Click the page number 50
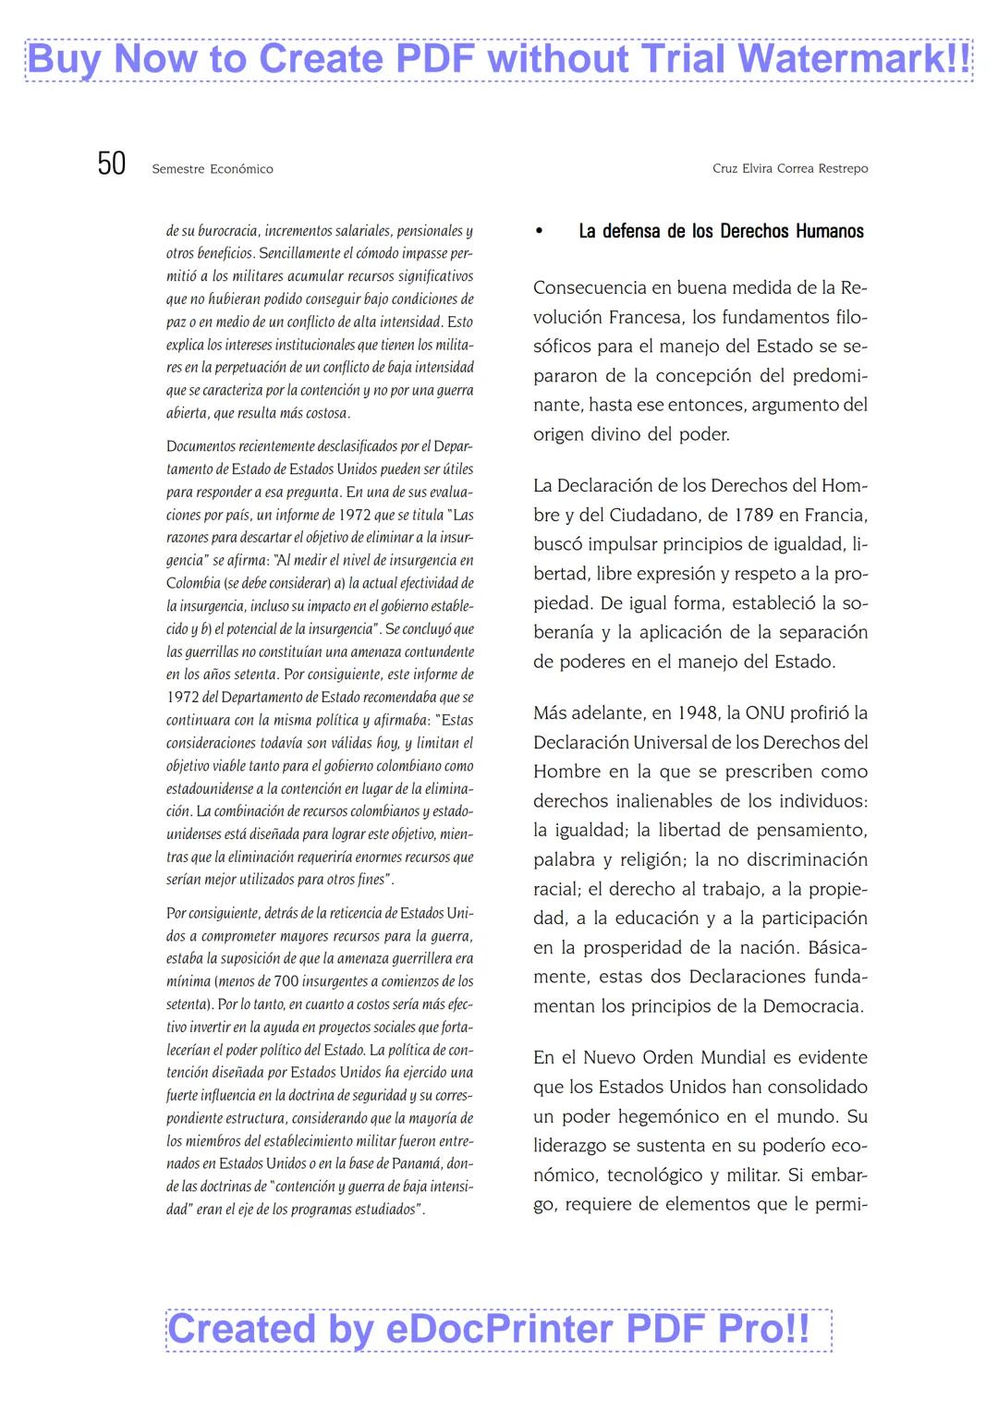click(x=112, y=164)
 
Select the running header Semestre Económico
click(x=213, y=169)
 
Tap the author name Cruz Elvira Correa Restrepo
click(x=790, y=168)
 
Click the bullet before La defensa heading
click(x=540, y=232)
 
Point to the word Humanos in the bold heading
click(x=829, y=231)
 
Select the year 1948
click(x=697, y=712)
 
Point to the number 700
click(x=286, y=981)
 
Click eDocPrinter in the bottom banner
click(x=500, y=1329)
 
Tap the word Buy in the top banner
click(x=66, y=59)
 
